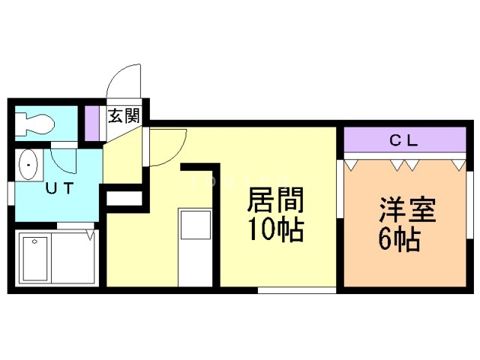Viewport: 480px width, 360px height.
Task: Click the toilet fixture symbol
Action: (x=35, y=124)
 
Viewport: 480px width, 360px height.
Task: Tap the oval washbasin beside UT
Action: (x=28, y=165)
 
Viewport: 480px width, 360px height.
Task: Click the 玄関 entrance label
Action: (x=124, y=115)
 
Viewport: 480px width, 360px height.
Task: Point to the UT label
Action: (x=60, y=188)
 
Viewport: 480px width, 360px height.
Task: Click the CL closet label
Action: (x=403, y=140)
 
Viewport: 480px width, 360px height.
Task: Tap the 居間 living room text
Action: (x=275, y=200)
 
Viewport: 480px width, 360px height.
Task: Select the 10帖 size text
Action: (x=275, y=229)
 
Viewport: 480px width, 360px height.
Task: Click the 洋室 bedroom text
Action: (x=407, y=210)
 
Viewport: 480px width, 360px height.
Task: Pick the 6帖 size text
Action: (x=399, y=239)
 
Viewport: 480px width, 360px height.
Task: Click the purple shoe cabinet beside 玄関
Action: (x=91, y=123)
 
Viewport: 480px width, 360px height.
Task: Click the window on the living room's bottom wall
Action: (x=297, y=290)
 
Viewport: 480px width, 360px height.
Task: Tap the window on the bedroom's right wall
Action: (x=470, y=205)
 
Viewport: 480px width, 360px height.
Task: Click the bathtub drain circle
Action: (x=34, y=241)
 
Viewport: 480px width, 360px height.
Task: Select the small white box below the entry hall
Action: (x=124, y=198)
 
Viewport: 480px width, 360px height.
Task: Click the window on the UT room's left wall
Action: (x=10, y=193)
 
